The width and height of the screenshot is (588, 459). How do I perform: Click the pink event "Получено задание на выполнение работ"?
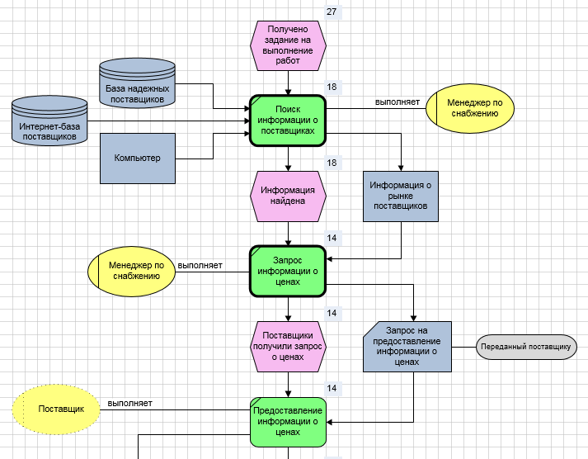click(288, 45)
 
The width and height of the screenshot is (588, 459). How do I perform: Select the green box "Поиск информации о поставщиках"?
click(288, 120)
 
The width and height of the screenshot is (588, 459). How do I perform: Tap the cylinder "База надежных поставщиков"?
click(138, 84)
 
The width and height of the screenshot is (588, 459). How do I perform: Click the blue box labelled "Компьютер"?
click(138, 158)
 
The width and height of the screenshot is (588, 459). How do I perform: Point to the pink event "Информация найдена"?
click(288, 195)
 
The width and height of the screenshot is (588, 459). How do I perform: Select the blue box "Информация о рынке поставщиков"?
click(401, 196)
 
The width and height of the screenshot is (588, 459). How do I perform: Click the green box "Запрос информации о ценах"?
click(288, 270)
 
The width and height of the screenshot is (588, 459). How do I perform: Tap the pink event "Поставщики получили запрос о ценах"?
click(288, 347)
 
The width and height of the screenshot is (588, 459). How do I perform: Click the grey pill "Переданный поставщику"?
click(525, 347)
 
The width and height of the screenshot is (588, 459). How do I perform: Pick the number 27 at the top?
click(332, 12)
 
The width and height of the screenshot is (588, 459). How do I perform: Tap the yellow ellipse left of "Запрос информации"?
click(132, 271)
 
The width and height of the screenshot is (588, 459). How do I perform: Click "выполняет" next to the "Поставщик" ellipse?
click(129, 404)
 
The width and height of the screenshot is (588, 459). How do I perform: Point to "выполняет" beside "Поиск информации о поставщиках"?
click(397, 102)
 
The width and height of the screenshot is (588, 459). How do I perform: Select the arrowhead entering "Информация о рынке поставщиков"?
click(401, 167)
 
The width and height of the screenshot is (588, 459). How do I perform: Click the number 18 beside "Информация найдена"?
click(332, 163)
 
